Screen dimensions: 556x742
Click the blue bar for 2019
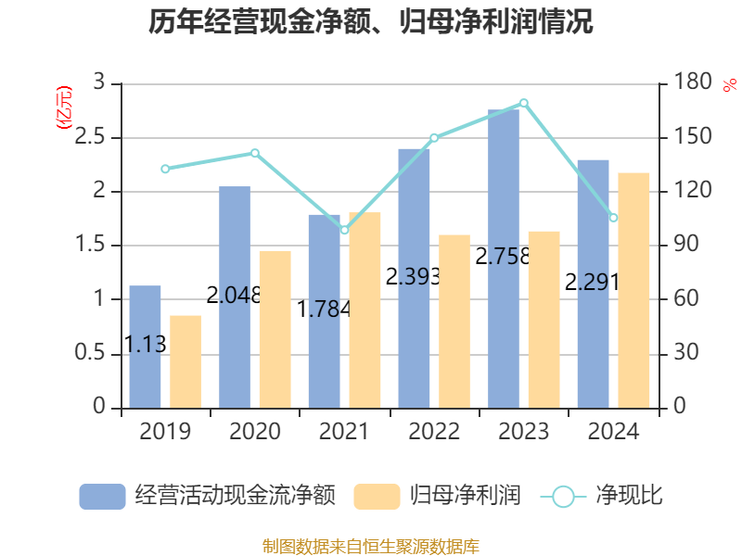pos(145,347)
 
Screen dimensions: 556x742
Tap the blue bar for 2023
pos(504,259)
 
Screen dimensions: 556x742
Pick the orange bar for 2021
pos(365,310)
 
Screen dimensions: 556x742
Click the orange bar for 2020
pos(275,329)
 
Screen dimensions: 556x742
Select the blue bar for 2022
pos(414,278)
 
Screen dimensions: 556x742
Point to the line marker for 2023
pos(524,103)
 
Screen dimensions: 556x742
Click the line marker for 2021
pos(344,230)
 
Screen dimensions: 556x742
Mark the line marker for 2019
pos(165,169)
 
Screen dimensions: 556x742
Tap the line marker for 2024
pos(613,218)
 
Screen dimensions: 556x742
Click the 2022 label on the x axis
pos(434,432)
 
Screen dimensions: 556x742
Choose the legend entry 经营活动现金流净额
pos(206,496)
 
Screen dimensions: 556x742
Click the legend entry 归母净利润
pos(438,496)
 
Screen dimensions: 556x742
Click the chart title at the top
pos(371,22)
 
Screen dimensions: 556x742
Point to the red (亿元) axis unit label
pos(64,108)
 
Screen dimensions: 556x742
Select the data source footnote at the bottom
pos(371,546)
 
